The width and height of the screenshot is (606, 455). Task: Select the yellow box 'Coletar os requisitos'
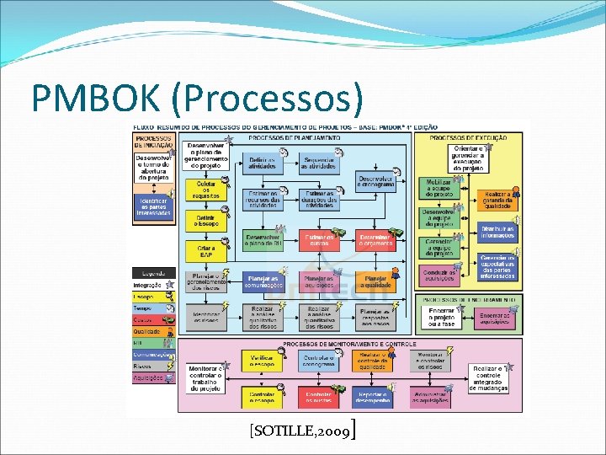pos(206,189)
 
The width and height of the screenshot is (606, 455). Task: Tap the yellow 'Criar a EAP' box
pos(206,251)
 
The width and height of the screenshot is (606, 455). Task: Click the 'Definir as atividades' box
pos(262,162)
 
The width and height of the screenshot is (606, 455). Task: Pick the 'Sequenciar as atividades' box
pos(318,162)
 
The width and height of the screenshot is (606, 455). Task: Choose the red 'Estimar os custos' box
pos(318,242)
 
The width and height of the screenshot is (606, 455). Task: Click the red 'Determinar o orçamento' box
pos(375,242)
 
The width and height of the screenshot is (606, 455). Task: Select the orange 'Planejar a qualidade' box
pos(375,281)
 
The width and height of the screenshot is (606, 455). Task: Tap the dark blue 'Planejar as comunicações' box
pos(262,281)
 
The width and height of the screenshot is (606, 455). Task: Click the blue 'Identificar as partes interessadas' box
pos(153,206)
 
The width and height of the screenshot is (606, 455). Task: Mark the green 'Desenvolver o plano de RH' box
pos(262,242)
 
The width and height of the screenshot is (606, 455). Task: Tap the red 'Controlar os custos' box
pos(318,396)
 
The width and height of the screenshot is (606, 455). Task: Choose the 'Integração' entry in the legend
pos(149,286)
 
